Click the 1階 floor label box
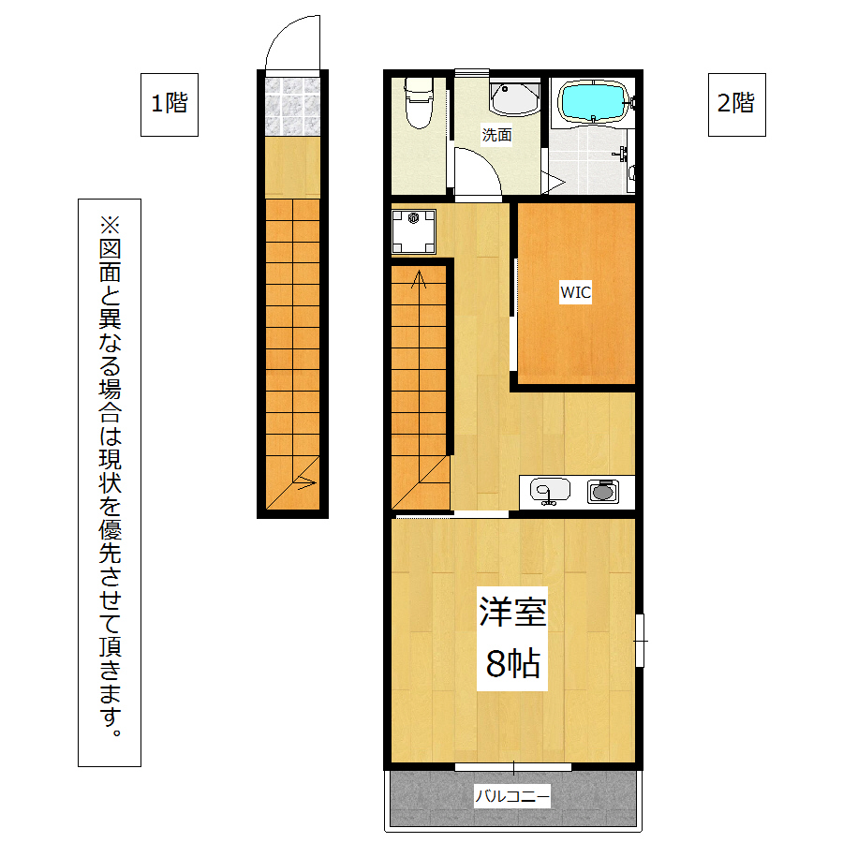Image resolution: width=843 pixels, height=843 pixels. [x=170, y=104]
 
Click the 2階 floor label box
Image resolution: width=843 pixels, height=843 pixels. [x=736, y=104]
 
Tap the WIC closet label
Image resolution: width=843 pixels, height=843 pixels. [x=575, y=292]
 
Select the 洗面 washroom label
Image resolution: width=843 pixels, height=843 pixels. [x=496, y=134]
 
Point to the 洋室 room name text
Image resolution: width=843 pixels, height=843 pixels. [x=512, y=612]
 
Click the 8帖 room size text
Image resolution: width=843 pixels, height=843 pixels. [x=512, y=663]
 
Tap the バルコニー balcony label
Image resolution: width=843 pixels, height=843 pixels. [x=512, y=795]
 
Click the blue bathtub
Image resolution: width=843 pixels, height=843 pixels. [x=594, y=101]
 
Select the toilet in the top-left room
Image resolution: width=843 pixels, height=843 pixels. [x=419, y=103]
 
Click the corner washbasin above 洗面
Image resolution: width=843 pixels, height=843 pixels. [x=514, y=98]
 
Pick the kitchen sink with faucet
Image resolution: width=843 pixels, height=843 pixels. [x=550, y=492]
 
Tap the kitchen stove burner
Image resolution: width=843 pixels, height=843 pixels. [x=602, y=492]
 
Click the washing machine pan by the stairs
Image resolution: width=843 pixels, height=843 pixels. [x=413, y=231]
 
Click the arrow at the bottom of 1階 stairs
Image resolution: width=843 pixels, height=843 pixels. [x=304, y=481]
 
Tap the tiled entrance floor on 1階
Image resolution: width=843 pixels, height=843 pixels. [x=292, y=107]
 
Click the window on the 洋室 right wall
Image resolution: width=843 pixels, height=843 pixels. [x=640, y=641]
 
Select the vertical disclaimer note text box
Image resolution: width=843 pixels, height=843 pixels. [x=110, y=482]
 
